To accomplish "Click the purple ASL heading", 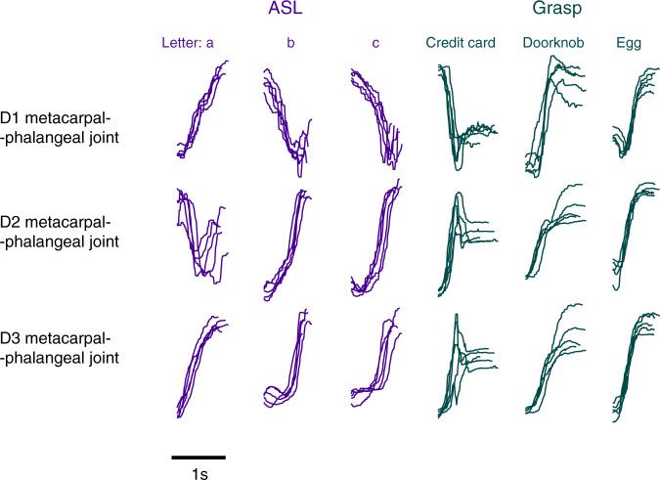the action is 284,11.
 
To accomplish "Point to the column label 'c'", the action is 373,42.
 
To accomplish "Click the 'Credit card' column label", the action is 459,42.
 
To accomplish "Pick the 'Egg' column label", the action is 629,42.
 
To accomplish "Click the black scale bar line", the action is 198,457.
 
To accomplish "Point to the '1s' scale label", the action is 198,472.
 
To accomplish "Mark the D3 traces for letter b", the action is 286,362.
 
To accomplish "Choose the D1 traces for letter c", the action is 376,117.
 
